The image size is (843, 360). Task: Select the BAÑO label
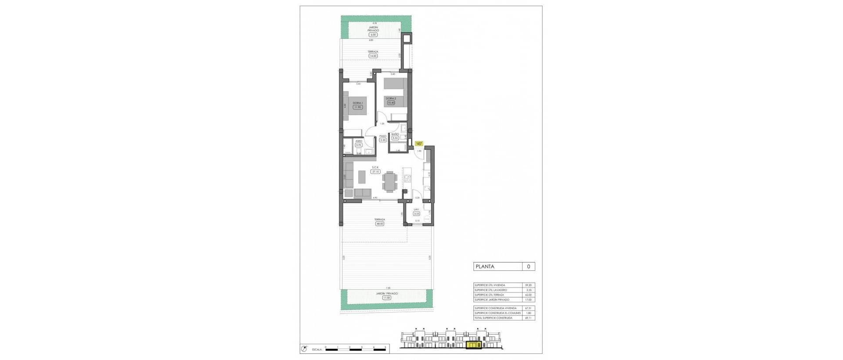pyautogui.click(x=395, y=134)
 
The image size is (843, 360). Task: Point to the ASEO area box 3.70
pyautogui.click(x=358, y=145)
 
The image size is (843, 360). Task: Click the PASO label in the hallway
pyautogui.click(x=382, y=136)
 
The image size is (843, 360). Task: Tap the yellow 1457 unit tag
pyautogui.click(x=419, y=143)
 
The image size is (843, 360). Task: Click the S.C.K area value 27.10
pyautogui.click(x=375, y=172)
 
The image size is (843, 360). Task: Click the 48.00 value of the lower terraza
pyautogui.click(x=379, y=223)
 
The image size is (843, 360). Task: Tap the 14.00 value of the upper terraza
pyautogui.click(x=373, y=56)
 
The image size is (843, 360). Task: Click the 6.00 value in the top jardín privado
pyautogui.click(x=373, y=35)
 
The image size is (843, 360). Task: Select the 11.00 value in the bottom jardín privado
pyautogui.click(x=386, y=297)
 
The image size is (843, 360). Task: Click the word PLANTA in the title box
pyautogui.click(x=485, y=266)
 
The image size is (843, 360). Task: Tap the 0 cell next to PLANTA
pyautogui.click(x=528, y=266)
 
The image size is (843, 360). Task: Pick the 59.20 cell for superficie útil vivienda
pyautogui.click(x=529, y=285)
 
